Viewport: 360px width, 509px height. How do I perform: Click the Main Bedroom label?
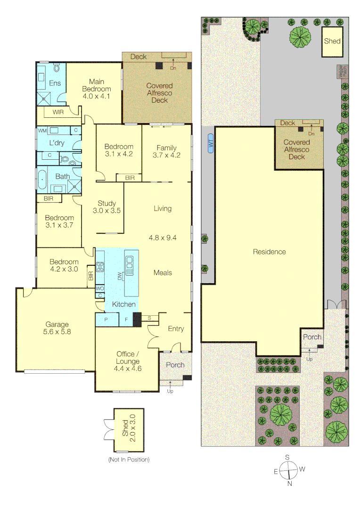click(x=96, y=89)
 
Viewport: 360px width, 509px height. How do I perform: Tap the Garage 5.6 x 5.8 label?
click(x=57, y=328)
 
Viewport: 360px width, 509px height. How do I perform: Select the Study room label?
click(x=106, y=207)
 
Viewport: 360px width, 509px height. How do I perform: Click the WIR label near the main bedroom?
click(x=58, y=112)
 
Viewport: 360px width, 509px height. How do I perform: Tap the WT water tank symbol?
click(x=210, y=145)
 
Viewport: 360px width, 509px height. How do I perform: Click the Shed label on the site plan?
click(x=332, y=41)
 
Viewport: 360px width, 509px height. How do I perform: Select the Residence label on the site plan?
click(x=269, y=252)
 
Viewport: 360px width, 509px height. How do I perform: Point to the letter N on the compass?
click(x=290, y=483)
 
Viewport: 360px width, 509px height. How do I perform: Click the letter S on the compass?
click(x=287, y=457)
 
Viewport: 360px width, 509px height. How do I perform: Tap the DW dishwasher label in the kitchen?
click(x=120, y=276)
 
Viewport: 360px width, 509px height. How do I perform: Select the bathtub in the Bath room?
click(x=42, y=179)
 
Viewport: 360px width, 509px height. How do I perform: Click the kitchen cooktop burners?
click(x=100, y=267)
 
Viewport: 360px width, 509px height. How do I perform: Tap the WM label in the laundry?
click(x=42, y=130)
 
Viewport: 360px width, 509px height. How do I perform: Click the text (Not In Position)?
click(x=128, y=459)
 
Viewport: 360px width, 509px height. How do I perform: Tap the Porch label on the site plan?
click(x=312, y=337)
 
